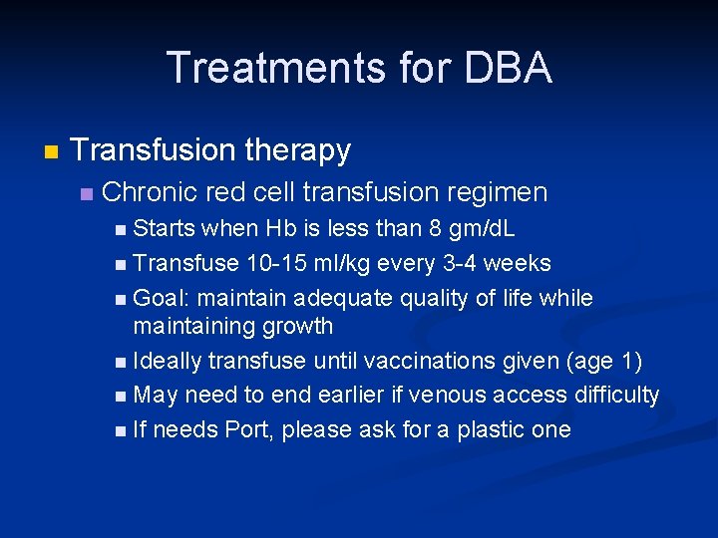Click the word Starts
(x=164, y=228)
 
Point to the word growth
(x=297, y=326)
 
